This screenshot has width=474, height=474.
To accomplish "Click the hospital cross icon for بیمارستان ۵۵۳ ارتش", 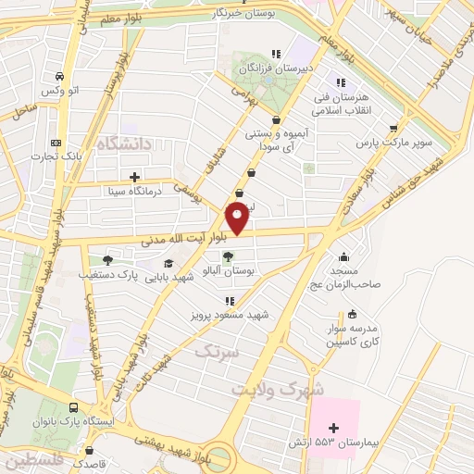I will tap(335, 428).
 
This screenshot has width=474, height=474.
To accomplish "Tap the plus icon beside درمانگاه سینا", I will tap(135, 176).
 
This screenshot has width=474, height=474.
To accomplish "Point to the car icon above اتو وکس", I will tap(59, 77).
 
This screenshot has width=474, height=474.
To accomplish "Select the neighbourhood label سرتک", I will tap(217, 352).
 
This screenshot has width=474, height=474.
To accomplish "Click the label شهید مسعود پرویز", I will tap(231, 316).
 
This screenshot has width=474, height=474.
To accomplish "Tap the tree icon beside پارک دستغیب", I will tap(108, 260).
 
